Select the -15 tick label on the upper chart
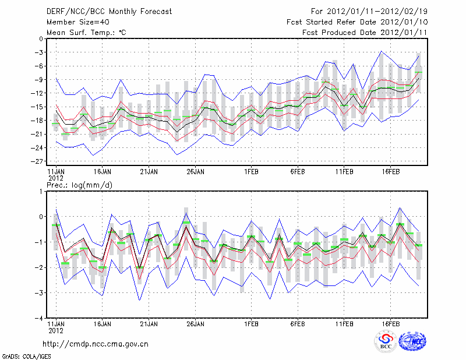click(x=39, y=107)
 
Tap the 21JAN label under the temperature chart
click(x=149, y=172)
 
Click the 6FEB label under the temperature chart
click(x=298, y=172)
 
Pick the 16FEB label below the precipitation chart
click(x=390, y=323)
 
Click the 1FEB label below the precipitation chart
click(x=251, y=323)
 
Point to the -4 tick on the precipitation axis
click(x=39, y=319)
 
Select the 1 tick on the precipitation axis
click(x=41, y=191)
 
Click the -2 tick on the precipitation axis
click(x=39, y=268)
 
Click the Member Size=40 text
click(x=77, y=22)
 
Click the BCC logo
click(x=386, y=341)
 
